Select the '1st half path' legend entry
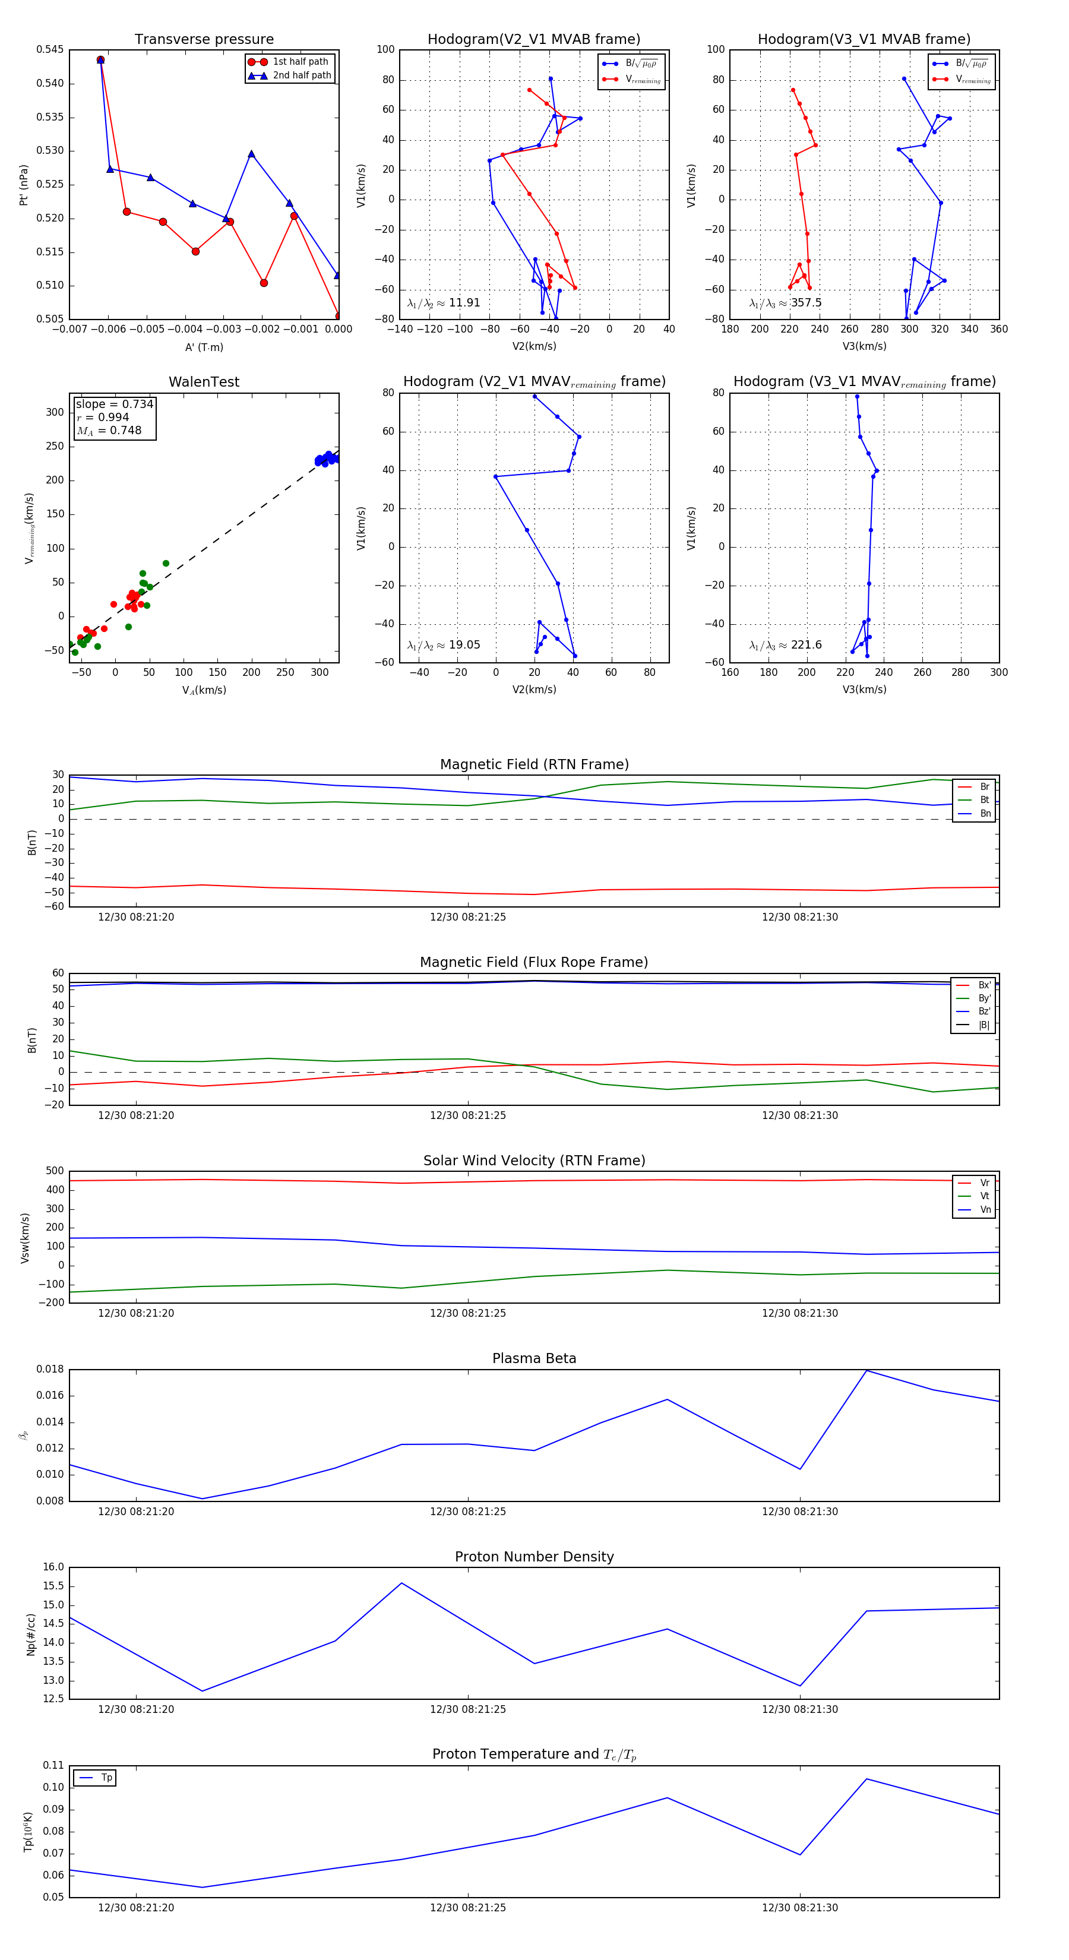[x=300, y=62]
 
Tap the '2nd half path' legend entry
[x=301, y=75]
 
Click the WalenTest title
[x=204, y=382]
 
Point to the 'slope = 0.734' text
[x=114, y=404]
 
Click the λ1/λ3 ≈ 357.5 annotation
[x=785, y=303]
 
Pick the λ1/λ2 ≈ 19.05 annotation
[x=444, y=645]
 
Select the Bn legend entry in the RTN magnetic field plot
[x=985, y=813]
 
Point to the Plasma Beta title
[x=534, y=1358]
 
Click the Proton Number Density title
[x=534, y=1557]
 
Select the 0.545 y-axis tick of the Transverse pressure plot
[x=50, y=49]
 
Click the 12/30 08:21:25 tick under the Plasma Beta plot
[x=468, y=1511]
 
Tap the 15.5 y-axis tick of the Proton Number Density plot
[x=54, y=1586]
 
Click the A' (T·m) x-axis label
[x=204, y=347]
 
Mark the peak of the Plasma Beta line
[x=866, y=1370]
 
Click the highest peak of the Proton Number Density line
[x=401, y=1583]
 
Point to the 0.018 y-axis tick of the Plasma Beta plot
[x=50, y=1369]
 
